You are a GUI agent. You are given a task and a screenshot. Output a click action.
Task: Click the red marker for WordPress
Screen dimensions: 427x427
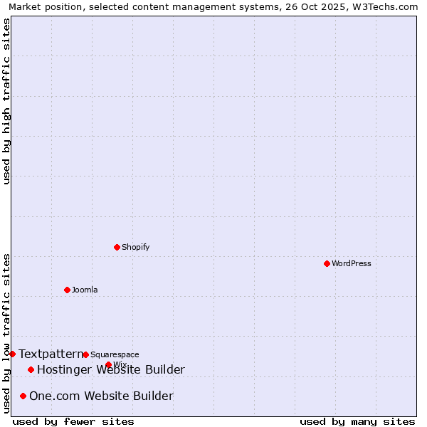[327, 263]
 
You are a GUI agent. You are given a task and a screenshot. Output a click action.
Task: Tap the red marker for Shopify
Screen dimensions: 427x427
[117, 247]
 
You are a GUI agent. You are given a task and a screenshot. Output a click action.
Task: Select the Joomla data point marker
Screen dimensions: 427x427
[67, 290]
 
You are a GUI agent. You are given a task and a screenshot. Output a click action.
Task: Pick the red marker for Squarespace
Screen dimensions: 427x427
[85, 354]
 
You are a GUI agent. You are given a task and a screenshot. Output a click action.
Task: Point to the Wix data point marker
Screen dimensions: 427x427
[108, 364]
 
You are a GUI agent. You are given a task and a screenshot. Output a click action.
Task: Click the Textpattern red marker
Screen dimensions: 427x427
[12, 354]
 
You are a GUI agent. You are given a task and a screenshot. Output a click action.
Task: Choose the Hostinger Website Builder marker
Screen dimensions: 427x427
[31, 369]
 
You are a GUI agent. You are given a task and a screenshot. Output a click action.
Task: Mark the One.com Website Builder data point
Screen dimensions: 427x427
[23, 396]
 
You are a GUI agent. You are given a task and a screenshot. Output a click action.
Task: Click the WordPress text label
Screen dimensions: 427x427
[352, 263]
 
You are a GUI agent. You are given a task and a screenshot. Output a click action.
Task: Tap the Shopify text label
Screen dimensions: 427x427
[135, 247]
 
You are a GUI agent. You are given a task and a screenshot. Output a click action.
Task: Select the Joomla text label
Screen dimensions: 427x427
[85, 290]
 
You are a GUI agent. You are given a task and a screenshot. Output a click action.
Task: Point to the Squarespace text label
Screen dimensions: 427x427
[115, 354]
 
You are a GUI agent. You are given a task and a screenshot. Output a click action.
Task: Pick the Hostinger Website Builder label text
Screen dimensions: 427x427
[111, 369]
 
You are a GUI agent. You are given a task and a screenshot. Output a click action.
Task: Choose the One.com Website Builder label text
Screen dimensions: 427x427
[101, 396]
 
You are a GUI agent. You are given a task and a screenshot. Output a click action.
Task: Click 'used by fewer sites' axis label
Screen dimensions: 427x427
[73, 421]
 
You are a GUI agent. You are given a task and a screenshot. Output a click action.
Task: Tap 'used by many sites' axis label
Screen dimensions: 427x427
[357, 421]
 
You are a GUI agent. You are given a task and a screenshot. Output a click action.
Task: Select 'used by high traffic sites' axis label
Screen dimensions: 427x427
[6, 101]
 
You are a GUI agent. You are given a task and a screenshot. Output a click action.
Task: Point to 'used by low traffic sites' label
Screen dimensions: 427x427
[6, 333]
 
